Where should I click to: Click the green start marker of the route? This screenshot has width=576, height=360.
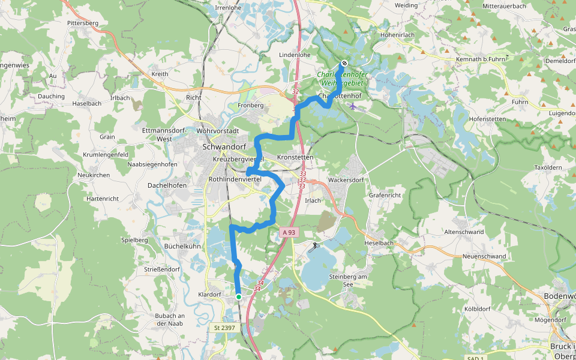pyautogui.click(x=239, y=296)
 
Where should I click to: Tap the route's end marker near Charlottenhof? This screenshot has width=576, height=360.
pyautogui.click(x=344, y=63)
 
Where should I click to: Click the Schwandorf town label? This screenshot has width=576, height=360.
pyautogui.click(x=225, y=146)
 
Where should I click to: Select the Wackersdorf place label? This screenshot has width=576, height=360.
pyautogui.click(x=347, y=179)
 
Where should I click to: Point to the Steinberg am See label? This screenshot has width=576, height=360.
pyautogui.click(x=347, y=280)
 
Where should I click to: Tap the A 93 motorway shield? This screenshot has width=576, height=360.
pyautogui.click(x=288, y=232)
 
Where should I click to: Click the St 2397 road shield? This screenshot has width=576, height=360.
pyautogui.click(x=224, y=328)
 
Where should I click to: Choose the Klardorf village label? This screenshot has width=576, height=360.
pyautogui.click(x=209, y=295)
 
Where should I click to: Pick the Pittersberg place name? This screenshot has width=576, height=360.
pyautogui.click(x=83, y=23)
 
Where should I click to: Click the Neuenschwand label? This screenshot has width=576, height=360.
pyautogui.click(x=484, y=256)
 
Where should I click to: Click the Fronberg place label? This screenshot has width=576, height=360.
pyautogui.click(x=251, y=105)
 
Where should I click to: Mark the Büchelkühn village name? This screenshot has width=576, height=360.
pyautogui.click(x=166, y=246)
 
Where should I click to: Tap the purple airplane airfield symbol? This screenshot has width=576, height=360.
pyautogui.click(x=352, y=107)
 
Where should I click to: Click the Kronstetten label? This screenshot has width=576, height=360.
pyautogui.click(x=296, y=157)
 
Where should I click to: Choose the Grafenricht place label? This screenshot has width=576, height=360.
pyautogui.click(x=385, y=195)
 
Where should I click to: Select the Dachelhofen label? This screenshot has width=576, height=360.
pyautogui.click(x=167, y=185)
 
